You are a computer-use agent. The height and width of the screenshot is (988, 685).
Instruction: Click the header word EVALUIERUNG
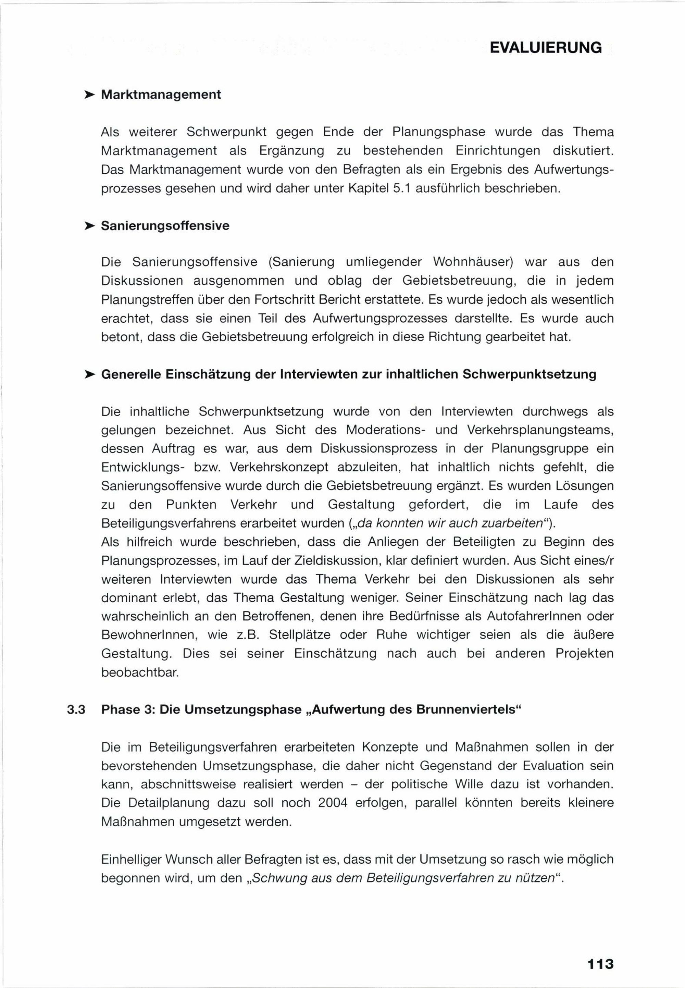coord(546,48)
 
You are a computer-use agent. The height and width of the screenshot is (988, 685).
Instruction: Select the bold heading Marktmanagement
coord(161,95)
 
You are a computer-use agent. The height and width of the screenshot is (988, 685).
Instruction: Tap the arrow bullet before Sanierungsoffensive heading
coord(89,226)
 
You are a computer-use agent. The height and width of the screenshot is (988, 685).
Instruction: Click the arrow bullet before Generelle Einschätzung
coord(89,375)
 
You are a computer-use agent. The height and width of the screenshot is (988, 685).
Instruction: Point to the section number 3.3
coord(76,710)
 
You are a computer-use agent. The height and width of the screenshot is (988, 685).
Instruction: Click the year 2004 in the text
coord(333,803)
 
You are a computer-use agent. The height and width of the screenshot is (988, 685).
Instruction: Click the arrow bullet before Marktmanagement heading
coord(89,95)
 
